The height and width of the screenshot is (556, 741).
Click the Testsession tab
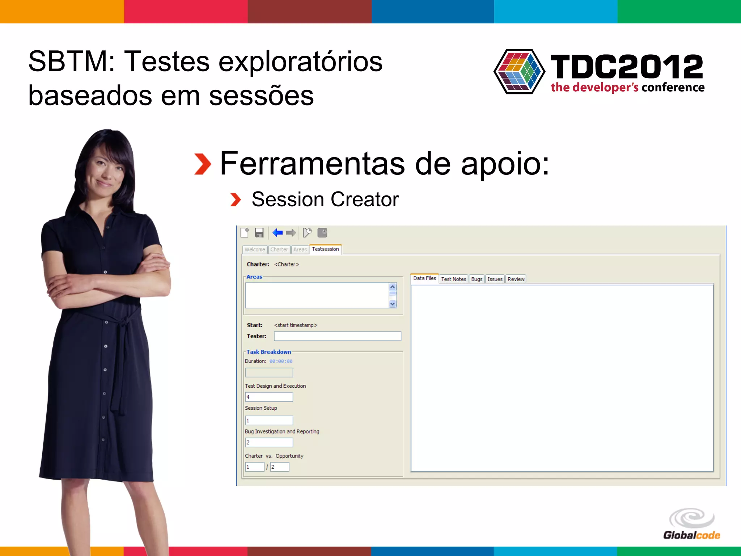pos(325,249)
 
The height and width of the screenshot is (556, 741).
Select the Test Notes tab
pos(453,279)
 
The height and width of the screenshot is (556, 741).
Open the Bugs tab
pos(477,279)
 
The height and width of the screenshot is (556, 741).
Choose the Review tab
pos(516,279)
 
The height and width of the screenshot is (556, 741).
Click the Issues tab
pos(495,279)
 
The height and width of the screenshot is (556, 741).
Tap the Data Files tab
pos(424,278)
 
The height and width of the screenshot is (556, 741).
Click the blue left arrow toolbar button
pos(278,233)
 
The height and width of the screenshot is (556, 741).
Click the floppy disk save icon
pos(259,233)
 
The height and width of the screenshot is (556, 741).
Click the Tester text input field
pos(337,336)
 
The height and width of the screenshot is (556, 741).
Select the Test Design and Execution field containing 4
pos(269,397)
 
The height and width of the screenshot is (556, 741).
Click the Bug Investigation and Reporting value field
pos(269,442)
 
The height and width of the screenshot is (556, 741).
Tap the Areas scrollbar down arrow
pos(393,304)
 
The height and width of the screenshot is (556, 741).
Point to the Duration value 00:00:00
pos(281,361)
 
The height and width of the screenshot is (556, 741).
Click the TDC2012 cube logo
pos(519,72)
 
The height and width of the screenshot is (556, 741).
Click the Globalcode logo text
pos(691,535)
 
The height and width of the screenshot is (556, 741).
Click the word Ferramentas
pos(312,164)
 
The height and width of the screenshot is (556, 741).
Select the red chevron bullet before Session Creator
pos(236,200)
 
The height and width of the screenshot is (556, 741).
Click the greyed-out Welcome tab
pos(254,249)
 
